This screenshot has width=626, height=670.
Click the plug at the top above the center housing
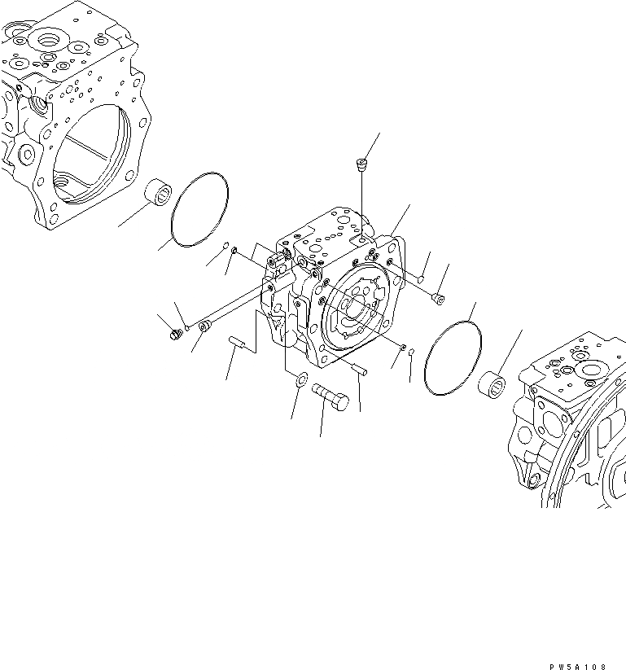pos(358,166)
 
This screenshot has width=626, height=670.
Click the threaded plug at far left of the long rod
pos(173,333)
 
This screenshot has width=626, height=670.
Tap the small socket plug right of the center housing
pos(440,299)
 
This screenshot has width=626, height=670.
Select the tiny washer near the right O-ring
pos(403,349)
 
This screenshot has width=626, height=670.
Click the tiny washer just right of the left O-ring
pos(234,252)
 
